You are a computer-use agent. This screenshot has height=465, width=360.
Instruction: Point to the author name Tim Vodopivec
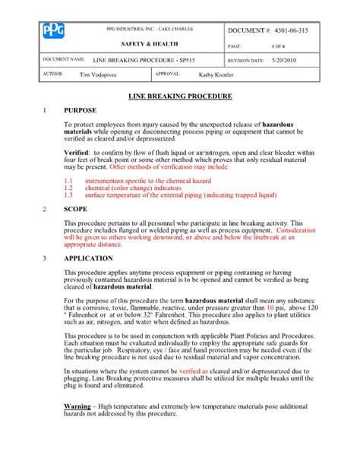[x=103, y=75]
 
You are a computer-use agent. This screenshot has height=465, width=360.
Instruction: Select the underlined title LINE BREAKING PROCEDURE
[x=179, y=98]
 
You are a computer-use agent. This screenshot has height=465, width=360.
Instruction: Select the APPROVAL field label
[x=166, y=74]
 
